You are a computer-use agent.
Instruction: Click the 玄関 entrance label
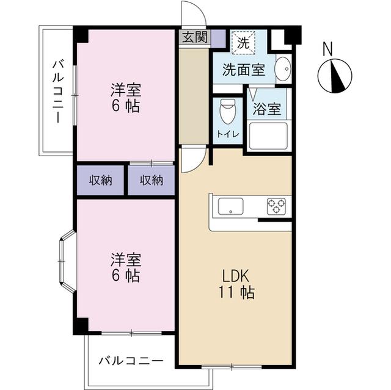pyautogui.click(x=195, y=37)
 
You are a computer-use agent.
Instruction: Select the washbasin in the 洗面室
pyautogui.click(x=283, y=69)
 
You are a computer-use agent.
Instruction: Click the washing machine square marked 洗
pyautogui.click(x=243, y=43)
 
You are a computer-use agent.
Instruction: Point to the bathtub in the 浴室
pyautogui.click(x=268, y=135)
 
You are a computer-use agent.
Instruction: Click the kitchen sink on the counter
pyautogui.click(x=230, y=206)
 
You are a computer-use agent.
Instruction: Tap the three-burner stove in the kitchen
pyautogui.click(x=276, y=206)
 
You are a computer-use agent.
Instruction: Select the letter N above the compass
pyautogui.click(x=328, y=49)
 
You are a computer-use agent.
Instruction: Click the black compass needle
pyautogui.click(x=337, y=76)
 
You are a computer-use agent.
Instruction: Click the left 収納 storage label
pyautogui.click(x=100, y=180)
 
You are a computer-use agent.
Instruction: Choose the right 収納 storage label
pyautogui.click(x=152, y=180)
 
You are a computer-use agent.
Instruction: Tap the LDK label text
pyautogui.click(x=236, y=276)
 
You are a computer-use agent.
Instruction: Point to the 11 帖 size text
pyautogui.click(x=236, y=292)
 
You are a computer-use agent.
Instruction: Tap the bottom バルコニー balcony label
pyautogui.click(x=131, y=360)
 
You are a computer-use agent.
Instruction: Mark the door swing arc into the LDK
pyautogui.click(x=199, y=165)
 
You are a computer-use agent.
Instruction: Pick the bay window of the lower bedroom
pyautogui.click(x=67, y=261)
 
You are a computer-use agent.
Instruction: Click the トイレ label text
pyautogui.click(x=228, y=134)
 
